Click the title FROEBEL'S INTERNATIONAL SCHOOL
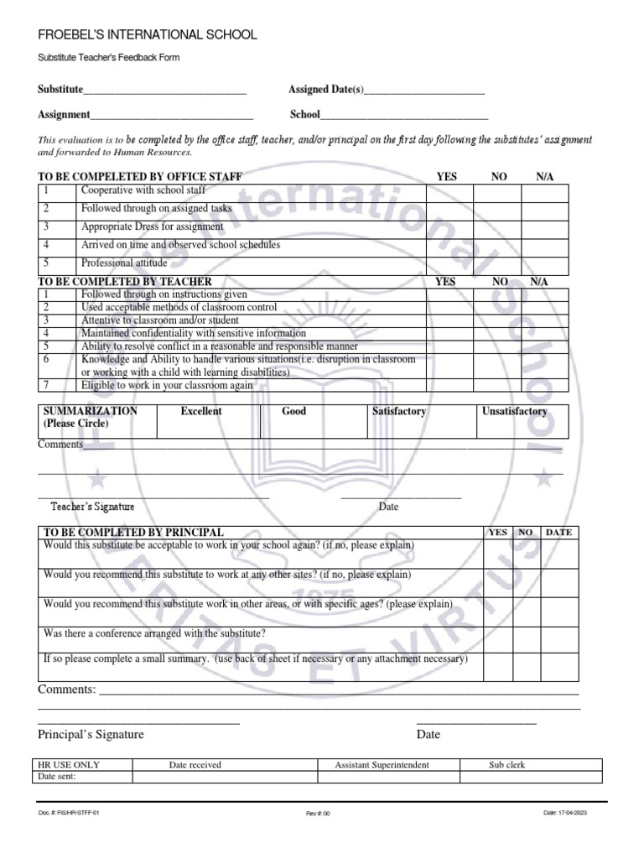click(148, 34)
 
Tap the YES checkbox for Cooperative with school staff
click(449, 194)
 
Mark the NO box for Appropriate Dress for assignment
click(497, 227)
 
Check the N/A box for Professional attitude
click(544, 264)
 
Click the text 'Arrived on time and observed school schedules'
click(180, 245)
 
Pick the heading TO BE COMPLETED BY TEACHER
click(125, 282)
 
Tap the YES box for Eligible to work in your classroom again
click(449, 386)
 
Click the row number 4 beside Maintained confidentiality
click(47, 333)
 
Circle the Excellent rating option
click(201, 412)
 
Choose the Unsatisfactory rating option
click(514, 412)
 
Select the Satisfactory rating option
click(399, 412)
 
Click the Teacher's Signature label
click(92, 507)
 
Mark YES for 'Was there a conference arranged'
click(497, 636)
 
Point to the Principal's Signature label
click(91, 735)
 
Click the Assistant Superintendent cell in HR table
click(382, 765)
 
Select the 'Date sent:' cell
click(57, 777)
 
